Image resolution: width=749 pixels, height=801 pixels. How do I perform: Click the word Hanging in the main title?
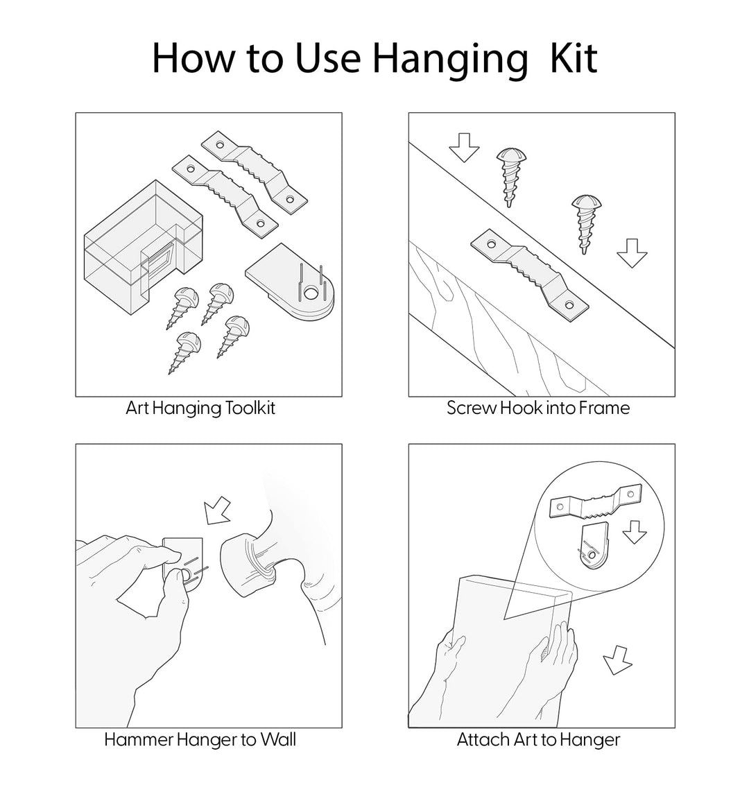[x=450, y=60]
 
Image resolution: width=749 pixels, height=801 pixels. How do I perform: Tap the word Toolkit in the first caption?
[x=250, y=408]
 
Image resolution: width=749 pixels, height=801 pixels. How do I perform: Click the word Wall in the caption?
[x=278, y=739]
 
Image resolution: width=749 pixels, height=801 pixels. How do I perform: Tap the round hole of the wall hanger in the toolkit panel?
[x=309, y=293]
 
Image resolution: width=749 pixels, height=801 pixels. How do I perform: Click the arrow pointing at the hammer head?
[x=216, y=510]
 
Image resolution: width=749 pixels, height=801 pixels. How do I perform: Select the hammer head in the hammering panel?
[x=249, y=565]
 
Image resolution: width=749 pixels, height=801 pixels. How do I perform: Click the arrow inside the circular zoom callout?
[x=634, y=532]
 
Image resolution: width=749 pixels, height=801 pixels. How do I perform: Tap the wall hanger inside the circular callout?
[x=595, y=546]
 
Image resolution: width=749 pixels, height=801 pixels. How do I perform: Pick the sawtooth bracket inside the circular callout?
[x=595, y=503]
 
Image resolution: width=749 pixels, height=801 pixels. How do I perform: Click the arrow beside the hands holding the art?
[x=617, y=660]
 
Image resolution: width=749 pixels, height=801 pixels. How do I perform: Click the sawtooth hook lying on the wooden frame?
[x=529, y=276]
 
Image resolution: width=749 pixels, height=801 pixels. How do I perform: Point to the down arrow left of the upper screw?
[x=464, y=148]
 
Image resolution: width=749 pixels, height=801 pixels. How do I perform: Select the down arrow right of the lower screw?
[x=632, y=253]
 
